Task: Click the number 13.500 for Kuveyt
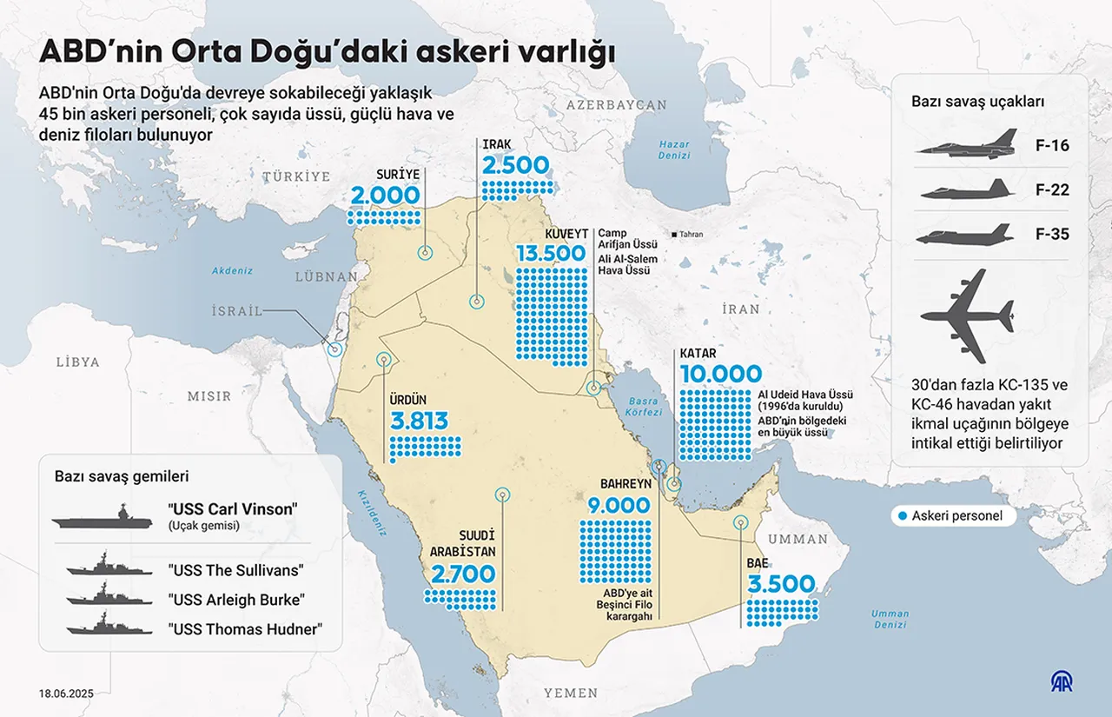point(551,253)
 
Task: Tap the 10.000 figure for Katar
point(721,375)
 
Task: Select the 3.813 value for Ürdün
point(420,422)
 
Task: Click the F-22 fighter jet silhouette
point(967,189)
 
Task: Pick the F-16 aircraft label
point(1052,145)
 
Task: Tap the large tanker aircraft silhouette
point(967,315)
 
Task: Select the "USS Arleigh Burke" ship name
point(236,600)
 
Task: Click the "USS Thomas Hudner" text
point(244,629)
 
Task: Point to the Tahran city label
point(691,235)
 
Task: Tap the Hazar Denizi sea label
point(673,149)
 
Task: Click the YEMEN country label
point(571,693)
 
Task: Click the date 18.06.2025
point(66,694)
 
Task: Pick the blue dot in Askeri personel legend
point(903,516)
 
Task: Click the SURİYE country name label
point(397,174)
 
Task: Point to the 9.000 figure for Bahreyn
point(614,506)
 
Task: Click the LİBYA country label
point(77,362)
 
